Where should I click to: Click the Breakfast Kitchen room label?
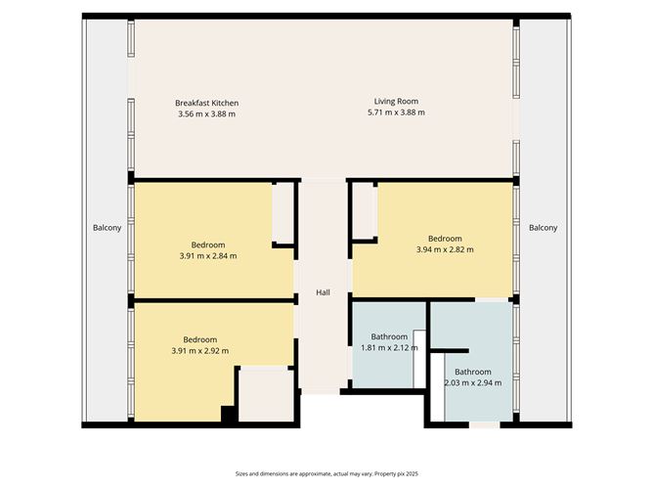pyautogui.click(x=206, y=103)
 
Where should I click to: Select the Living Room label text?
pyautogui.click(x=396, y=101)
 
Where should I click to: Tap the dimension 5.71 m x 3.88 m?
pyautogui.click(x=396, y=113)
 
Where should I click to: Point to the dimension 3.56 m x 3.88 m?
pyautogui.click(x=206, y=114)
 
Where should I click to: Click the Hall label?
pyautogui.click(x=323, y=292)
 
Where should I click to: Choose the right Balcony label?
pyautogui.click(x=543, y=228)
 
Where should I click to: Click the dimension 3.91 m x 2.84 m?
pyautogui.click(x=207, y=256)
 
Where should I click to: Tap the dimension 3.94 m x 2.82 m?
pyautogui.click(x=445, y=249)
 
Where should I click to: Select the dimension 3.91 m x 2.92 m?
pyautogui.click(x=199, y=351)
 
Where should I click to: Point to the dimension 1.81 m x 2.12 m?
pyautogui.click(x=389, y=347)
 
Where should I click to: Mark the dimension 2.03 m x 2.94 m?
pyautogui.click(x=472, y=382)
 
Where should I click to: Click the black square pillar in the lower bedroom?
pyautogui.click(x=229, y=414)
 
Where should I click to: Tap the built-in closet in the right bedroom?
pyautogui.click(x=364, y=209)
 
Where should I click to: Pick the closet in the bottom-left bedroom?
pyautogui.click(x=265, y=395)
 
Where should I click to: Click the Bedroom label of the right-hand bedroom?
pyautogui.click(x=445, y=238)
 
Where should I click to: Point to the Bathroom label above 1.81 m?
pyautogui.click(x=389, y=336)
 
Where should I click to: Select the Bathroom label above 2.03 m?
pyautogui.click(x=472, y=372)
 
